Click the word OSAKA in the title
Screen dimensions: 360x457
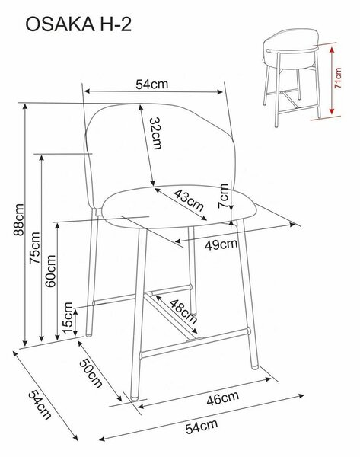[x=60, y=24]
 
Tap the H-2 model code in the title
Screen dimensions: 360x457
[x=116, y=24]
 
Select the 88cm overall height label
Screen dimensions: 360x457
[x=18, y=219]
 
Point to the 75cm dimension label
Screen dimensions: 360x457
[x=35, y=248]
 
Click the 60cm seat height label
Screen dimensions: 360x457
[x=51, y=271]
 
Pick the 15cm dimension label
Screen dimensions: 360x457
[x=68, y=318]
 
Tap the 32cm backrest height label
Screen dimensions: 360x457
[x=155, y=133]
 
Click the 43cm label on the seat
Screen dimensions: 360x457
[x=189, y=201]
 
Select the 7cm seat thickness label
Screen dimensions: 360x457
[x=224, y=196]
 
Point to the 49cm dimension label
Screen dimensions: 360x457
[x=221, y=244]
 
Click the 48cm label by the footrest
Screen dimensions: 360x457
[x=183, y=312]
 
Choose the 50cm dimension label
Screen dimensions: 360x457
[x=91, y=373]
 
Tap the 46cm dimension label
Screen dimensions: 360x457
[x=223, y=398]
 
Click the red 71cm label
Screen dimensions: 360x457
[x=338, y=78]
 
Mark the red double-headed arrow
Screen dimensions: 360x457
[x=331, y=81]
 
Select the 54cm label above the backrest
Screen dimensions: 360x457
[x=152, y=85]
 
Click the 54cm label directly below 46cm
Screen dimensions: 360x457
[x=202, y=427]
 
